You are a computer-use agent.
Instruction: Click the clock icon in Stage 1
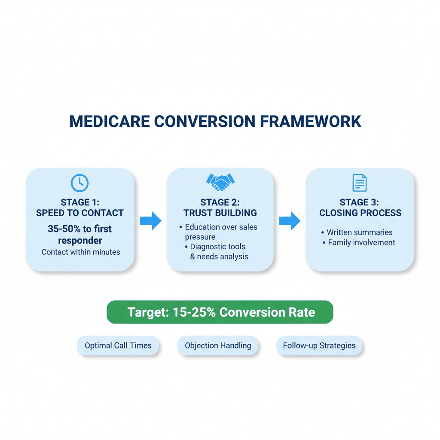(79, 183)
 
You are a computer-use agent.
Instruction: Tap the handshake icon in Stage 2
(220, 182)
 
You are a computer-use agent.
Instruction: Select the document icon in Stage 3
(360, 183)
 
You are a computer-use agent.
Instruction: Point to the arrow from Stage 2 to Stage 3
(290, 221)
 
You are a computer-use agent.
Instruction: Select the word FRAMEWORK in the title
(311, 122)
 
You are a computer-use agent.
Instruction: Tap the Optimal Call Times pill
(118, 345)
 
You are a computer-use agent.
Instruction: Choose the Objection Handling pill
(218, 345)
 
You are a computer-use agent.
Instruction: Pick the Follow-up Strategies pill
(319, 345)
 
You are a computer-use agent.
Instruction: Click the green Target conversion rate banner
(220, 312)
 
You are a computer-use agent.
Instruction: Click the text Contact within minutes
(80, 252)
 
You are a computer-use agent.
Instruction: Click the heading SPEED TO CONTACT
(80, 213)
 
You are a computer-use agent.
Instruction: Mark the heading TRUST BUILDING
(220, 213)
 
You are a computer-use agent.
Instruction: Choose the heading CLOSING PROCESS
(360, 213)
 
